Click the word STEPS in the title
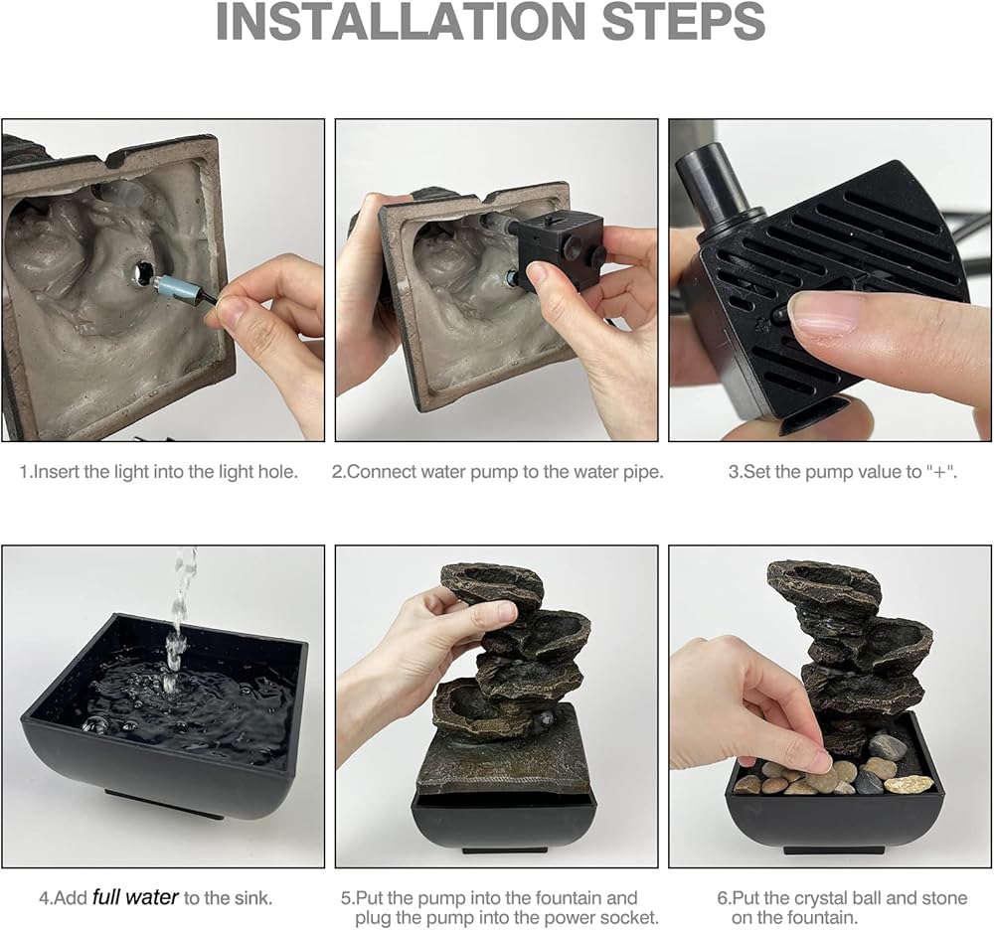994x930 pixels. click(684, 21)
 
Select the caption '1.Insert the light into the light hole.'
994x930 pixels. click(158, 472)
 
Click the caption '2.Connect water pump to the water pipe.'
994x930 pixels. click(498, 472)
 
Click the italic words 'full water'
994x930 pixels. click(135, 897)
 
